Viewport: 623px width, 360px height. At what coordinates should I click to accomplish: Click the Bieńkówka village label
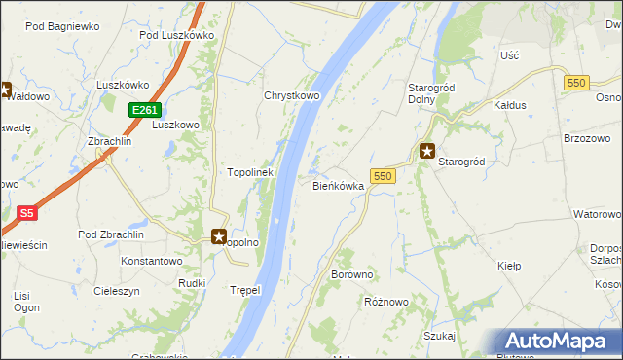(x=338, y=185)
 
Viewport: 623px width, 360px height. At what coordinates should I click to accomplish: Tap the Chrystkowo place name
(x=292, y=96)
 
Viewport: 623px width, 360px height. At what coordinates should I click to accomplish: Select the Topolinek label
(x=249, y=172)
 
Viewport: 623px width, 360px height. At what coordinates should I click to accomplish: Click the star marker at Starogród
(x=427, y=151)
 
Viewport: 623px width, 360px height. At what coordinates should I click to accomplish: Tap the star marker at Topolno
(x=219, y=235)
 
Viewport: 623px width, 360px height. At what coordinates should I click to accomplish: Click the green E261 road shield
(x=142, y=110)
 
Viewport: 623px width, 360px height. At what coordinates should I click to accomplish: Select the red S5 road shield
(x=27, y=213)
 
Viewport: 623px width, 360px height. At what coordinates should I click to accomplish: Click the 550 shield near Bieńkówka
(x=383, y=176)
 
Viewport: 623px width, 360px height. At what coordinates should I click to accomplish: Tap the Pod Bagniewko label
(x=62, y=27)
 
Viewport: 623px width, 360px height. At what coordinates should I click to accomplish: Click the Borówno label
(x=352, y=275)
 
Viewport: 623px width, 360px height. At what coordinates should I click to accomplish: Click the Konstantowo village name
(x=152, y=262)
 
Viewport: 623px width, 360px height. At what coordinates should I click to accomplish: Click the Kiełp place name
(x=509, y=266)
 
